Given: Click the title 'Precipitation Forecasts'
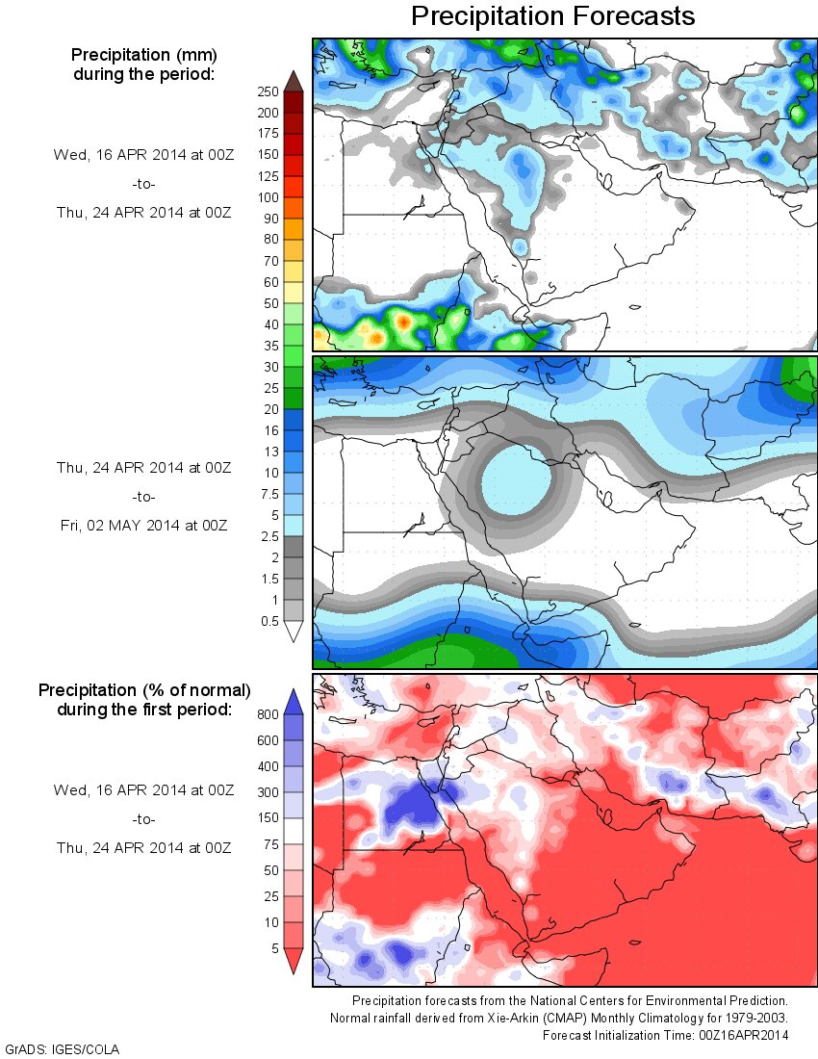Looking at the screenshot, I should (552, 16).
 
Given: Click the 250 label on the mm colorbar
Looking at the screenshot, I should (267, 91).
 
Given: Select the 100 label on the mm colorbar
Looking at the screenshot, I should (267, 197).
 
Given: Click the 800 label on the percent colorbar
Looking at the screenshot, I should (267, 714).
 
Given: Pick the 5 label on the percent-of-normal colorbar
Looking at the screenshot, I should (273, 948).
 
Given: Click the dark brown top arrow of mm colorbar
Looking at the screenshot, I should (294, 81).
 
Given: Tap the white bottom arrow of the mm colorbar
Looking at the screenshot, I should (294, 631).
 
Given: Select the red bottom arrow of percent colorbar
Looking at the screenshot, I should (294, 960).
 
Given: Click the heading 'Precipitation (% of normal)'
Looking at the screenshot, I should (144, 690).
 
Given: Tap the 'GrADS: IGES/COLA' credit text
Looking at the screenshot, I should (64, 1048).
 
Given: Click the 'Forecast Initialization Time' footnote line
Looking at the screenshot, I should (665, 1035).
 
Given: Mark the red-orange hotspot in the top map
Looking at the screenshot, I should (404, 321).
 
